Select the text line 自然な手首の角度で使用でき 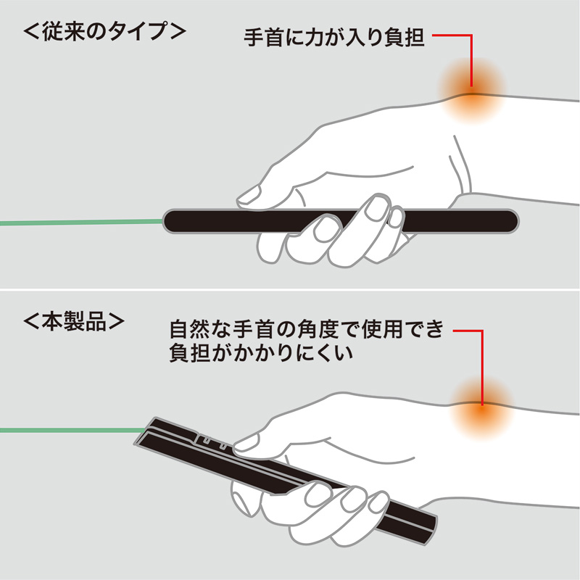point(305,332)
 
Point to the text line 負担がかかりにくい point(264,356)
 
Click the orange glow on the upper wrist point(471,90)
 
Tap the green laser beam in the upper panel point(80,220)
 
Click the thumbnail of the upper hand point(250,194)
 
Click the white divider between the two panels point(290,290)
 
